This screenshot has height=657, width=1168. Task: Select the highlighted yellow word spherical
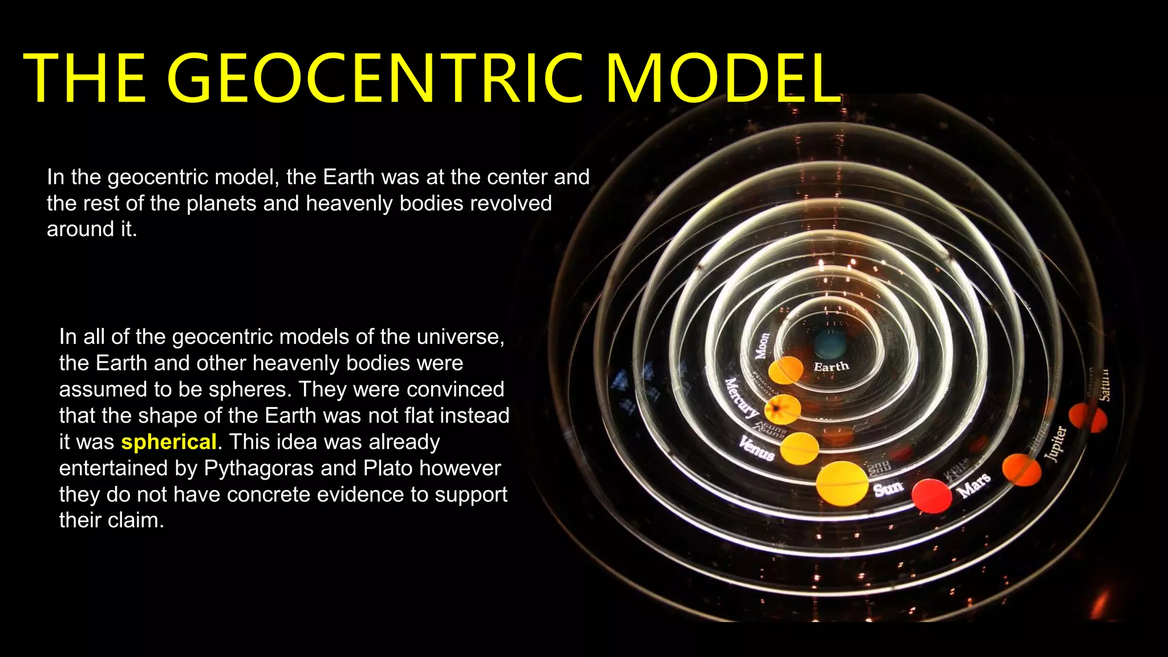169,442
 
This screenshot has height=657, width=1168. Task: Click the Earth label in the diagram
831,367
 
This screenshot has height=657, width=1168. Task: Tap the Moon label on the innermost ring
762,346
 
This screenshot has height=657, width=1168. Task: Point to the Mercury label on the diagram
741,397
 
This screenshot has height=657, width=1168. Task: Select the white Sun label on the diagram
888,488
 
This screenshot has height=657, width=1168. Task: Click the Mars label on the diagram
974,485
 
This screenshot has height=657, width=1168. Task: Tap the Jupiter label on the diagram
1055,443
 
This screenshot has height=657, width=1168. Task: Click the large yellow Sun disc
842,484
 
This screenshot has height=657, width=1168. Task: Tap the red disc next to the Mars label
931,496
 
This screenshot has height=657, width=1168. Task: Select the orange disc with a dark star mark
782,409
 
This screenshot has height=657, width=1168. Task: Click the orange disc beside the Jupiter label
1021,469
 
